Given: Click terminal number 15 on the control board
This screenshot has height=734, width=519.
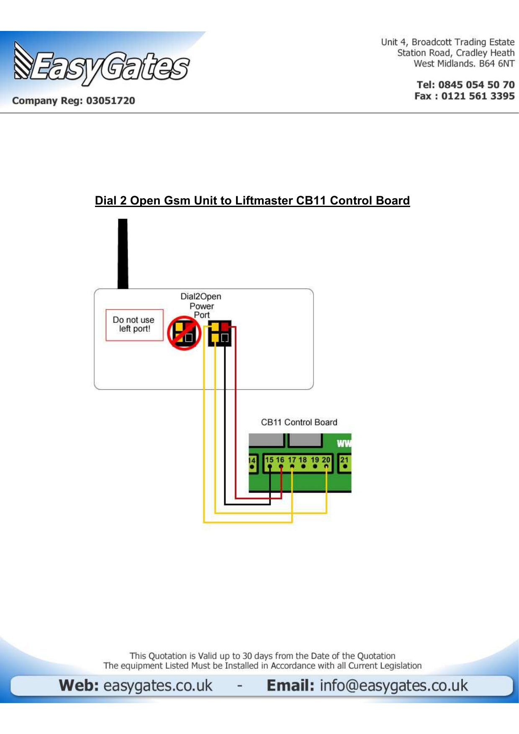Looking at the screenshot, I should coord(269,460).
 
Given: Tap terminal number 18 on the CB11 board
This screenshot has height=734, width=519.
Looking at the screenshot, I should coord(303,460).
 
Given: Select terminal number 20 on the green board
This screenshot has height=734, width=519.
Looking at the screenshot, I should coord(326,460).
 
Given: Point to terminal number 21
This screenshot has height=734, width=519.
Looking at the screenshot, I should coord(344,460).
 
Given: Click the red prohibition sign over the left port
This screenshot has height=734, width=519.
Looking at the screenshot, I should coord(184,333).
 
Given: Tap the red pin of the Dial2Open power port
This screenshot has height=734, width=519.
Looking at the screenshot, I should coord(226,327).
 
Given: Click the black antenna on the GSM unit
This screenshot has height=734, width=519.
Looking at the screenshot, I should coord(123,253).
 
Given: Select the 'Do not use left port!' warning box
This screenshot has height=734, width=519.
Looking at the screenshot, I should coord(134,325).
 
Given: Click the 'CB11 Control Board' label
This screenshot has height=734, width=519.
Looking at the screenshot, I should coord(299,422).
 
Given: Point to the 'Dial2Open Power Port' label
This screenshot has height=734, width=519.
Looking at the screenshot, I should coord(201,306).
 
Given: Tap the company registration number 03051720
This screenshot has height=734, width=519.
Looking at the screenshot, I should coord(110,101).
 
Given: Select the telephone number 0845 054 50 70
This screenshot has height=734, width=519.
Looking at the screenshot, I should coord(476,85).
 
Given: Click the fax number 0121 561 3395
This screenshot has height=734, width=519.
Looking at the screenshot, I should coord(478,96).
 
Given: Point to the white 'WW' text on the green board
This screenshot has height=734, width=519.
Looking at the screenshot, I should coord(344,444).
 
